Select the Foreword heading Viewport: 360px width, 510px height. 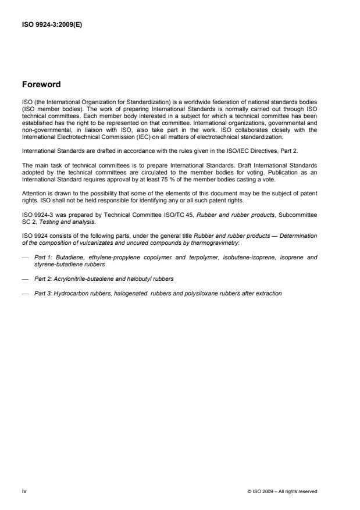[x=42, y=84]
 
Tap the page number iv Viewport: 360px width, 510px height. [x=24, y=491]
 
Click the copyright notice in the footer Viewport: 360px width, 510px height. [x=281, y=491]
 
